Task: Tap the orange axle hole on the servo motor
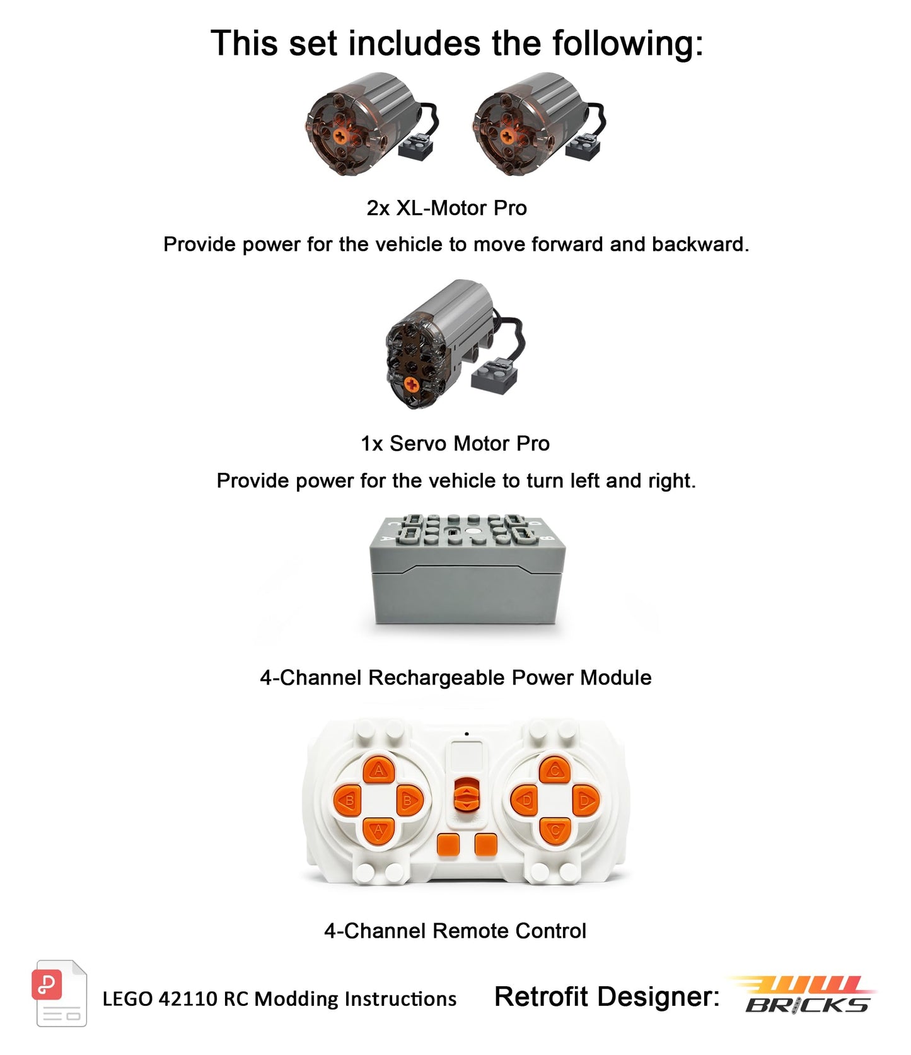coord(411,383)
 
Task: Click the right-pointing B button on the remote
coord(409,801)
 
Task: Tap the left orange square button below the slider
coord(448,844)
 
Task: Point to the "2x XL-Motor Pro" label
coord(446,208)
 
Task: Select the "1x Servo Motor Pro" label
coord(455,443)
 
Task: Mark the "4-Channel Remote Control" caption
coord(455,931)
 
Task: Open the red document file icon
coord(58,993)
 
